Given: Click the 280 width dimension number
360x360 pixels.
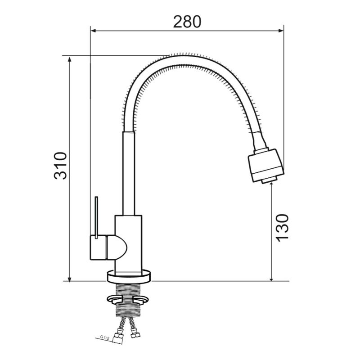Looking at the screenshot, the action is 187,22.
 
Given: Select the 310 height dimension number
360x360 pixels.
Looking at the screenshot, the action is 60,165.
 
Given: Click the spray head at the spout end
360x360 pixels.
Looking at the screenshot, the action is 266,165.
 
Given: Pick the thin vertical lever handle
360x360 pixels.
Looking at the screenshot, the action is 96,217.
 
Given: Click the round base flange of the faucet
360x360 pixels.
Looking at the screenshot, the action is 129,276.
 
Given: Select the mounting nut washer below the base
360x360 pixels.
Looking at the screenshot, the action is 128,299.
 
